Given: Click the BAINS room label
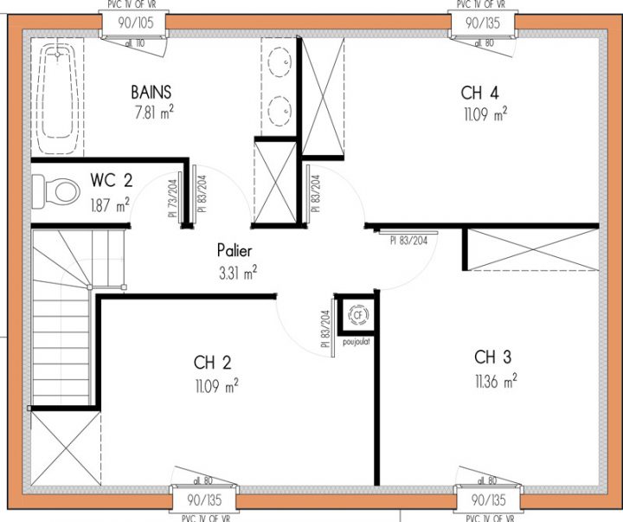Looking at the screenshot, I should coord(151,92).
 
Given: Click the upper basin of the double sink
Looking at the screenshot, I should coord(279,61).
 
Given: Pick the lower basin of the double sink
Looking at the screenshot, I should coord(279,109).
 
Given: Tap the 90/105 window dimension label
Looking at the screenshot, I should coord(131,22).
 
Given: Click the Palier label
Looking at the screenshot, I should coord(234,251).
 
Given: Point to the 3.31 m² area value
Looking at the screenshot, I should coord(236,272).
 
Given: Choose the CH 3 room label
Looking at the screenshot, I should coord(493,357).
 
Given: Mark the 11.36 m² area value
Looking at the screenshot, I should coord(496,379).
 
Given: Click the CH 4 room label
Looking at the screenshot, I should coord(479,93).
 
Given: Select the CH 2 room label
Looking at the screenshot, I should coord(212,363).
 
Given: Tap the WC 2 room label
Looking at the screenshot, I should coord(111,181).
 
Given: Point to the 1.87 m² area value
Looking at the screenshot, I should coord(111,204).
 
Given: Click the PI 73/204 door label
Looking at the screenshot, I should coord(172,199).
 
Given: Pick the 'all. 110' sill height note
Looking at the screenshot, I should coord(134,42).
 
